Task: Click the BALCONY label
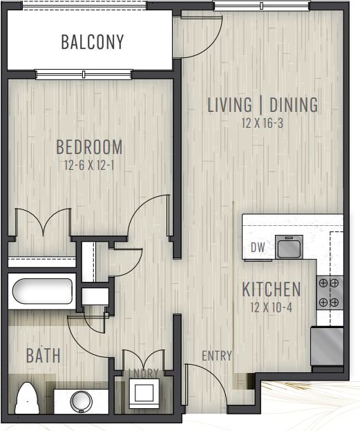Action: point(93,42)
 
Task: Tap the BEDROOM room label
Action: point(89,147)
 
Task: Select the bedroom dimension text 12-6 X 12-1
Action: point(89,166)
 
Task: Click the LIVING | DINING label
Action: point(263,105)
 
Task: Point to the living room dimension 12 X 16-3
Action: point(263,124)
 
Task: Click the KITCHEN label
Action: point(271,289)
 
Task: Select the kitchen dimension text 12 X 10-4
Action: point(271,307)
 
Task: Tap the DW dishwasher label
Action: point(258,247)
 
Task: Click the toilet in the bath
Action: point(28,398)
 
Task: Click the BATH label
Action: point(44,356)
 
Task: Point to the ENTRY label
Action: point(216,356)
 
